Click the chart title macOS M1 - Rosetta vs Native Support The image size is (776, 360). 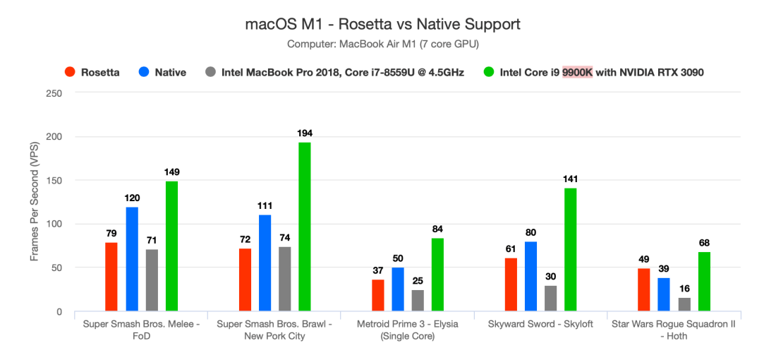click(382, 24)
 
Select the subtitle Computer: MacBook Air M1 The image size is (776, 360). click(382, 44)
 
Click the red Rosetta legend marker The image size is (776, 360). click(70, 72)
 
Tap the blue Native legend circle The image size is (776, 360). click(144, 72)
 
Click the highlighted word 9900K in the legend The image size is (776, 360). click(577, 72)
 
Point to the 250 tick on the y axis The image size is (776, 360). click(54, 93)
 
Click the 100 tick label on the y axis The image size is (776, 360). click(54, 224)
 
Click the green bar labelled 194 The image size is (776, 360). click(305, 227)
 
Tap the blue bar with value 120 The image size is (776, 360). click(132, 259)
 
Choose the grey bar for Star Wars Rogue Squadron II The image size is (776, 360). click(684, 304)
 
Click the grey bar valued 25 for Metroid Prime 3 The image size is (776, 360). click(418, 301)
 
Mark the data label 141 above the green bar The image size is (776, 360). click(571, 179)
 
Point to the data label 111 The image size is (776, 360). click(265, 205)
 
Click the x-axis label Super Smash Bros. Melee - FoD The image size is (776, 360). click(140, 329)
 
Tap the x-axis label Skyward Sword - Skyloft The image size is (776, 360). click(541, 324)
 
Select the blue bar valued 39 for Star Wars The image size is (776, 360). click(664, 294)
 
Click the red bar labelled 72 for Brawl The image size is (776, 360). click(245, 280)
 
